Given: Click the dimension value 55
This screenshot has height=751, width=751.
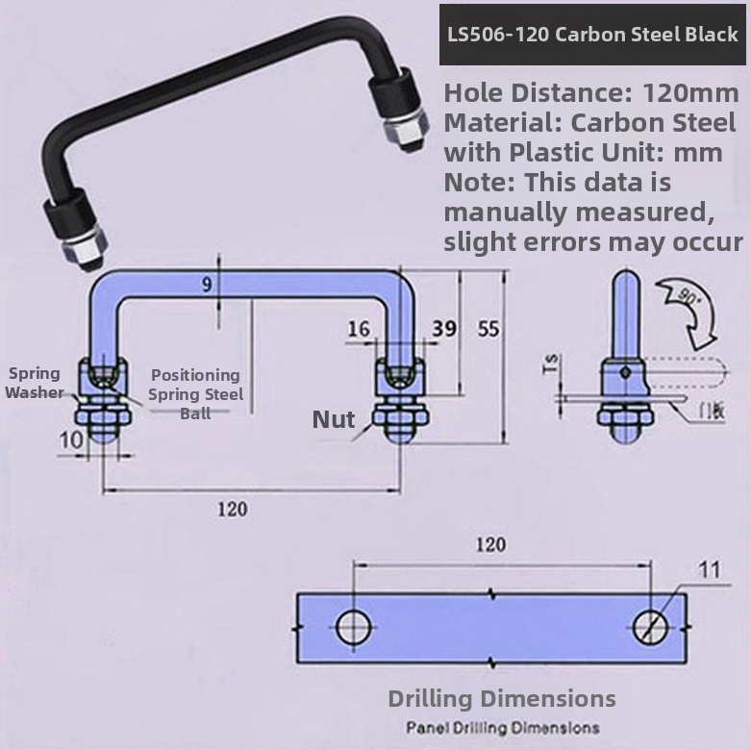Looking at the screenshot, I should click(488, 329).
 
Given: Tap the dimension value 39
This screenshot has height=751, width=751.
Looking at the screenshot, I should click(444, 329).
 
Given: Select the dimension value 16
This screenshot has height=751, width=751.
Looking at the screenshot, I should click(359, 329).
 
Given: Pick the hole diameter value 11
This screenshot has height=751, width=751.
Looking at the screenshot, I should click(709, 569).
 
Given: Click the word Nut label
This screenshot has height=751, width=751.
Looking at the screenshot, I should click(334, 419).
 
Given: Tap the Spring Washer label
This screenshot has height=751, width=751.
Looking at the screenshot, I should click(35, 383).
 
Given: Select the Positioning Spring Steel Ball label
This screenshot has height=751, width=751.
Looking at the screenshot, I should click(195, 393).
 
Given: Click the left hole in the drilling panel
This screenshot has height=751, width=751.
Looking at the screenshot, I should click(354, 627).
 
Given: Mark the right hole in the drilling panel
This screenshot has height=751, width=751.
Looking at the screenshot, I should click(651, 627).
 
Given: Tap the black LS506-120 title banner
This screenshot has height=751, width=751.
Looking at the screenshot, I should click(593, 35).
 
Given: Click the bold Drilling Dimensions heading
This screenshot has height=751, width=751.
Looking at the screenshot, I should click(501, 698).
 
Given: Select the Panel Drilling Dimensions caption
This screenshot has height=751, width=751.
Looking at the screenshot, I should click(502, 728).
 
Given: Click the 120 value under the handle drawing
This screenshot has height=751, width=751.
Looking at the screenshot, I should click(232, 509).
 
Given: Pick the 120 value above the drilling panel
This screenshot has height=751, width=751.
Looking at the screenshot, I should click(488, 544).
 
